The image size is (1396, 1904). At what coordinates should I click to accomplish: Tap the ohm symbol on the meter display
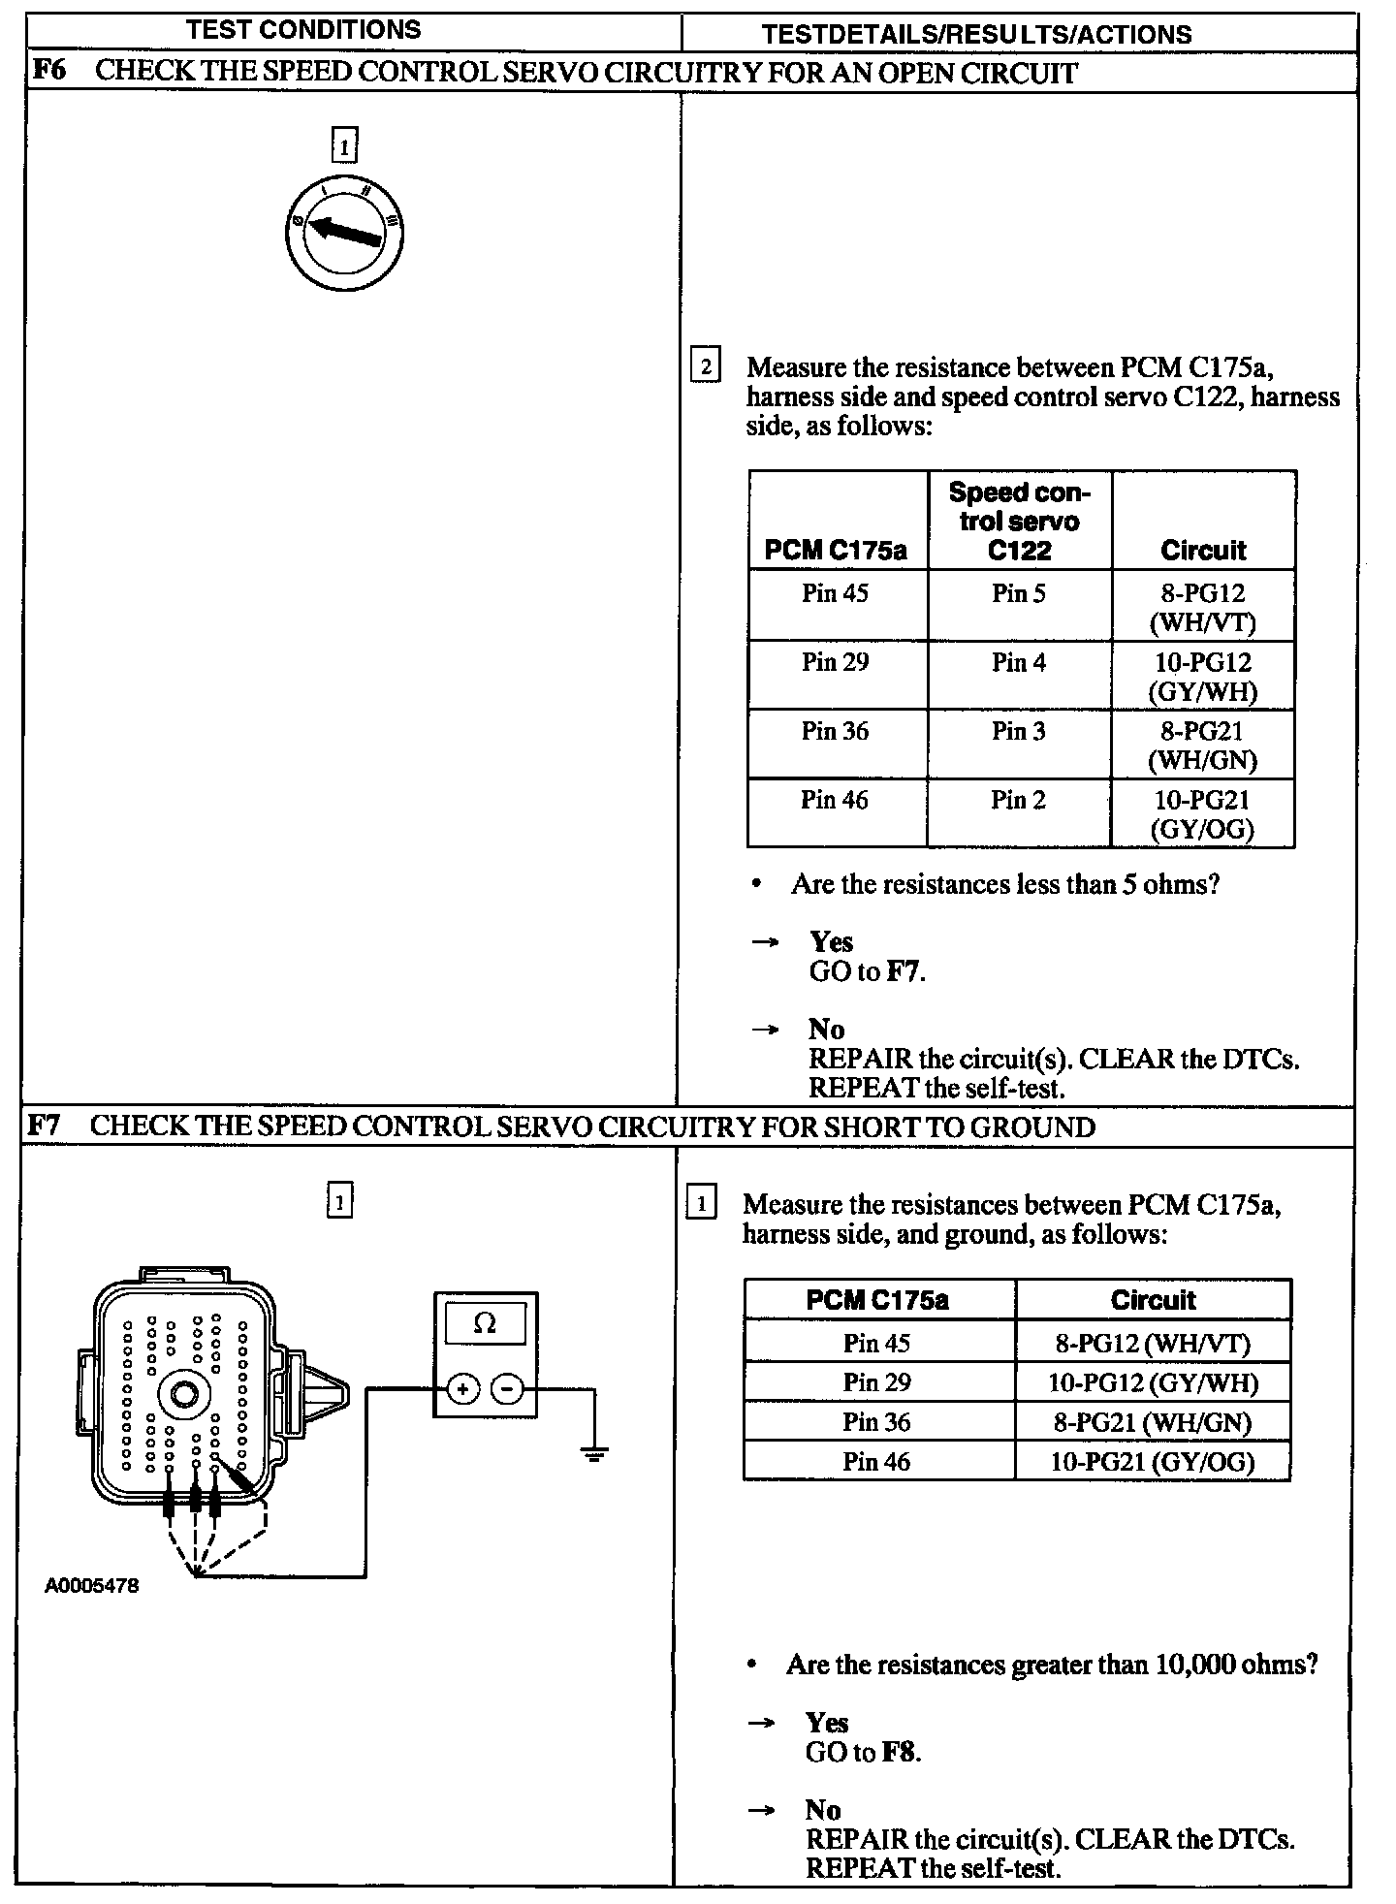[485, 1323]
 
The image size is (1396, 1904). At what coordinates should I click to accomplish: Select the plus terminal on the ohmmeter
[462, 1389]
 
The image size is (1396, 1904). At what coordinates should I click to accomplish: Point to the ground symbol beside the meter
[594, 1453]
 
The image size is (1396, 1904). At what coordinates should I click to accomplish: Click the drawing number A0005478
[92, 1587]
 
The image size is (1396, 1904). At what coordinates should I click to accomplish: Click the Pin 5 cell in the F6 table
[1019, 593]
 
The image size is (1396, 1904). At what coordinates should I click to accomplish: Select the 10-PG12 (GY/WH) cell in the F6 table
[1202, 676]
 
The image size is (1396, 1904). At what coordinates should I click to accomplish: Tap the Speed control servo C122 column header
[1019, 521]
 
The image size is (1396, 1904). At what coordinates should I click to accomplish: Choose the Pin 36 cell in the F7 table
[876, 1421]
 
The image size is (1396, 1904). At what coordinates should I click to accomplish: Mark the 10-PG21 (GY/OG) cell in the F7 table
[1152, 1461]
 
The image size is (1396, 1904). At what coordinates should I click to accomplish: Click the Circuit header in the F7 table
[1153, 1299]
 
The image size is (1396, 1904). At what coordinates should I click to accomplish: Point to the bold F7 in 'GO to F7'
[904, 971]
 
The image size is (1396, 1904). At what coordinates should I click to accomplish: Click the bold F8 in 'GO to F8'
[900, 1752]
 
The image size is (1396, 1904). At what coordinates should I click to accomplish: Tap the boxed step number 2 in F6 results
[706, 366]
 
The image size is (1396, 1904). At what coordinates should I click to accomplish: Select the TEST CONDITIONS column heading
[303, 29]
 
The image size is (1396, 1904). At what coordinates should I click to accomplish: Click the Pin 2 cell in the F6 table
[1018, 800]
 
